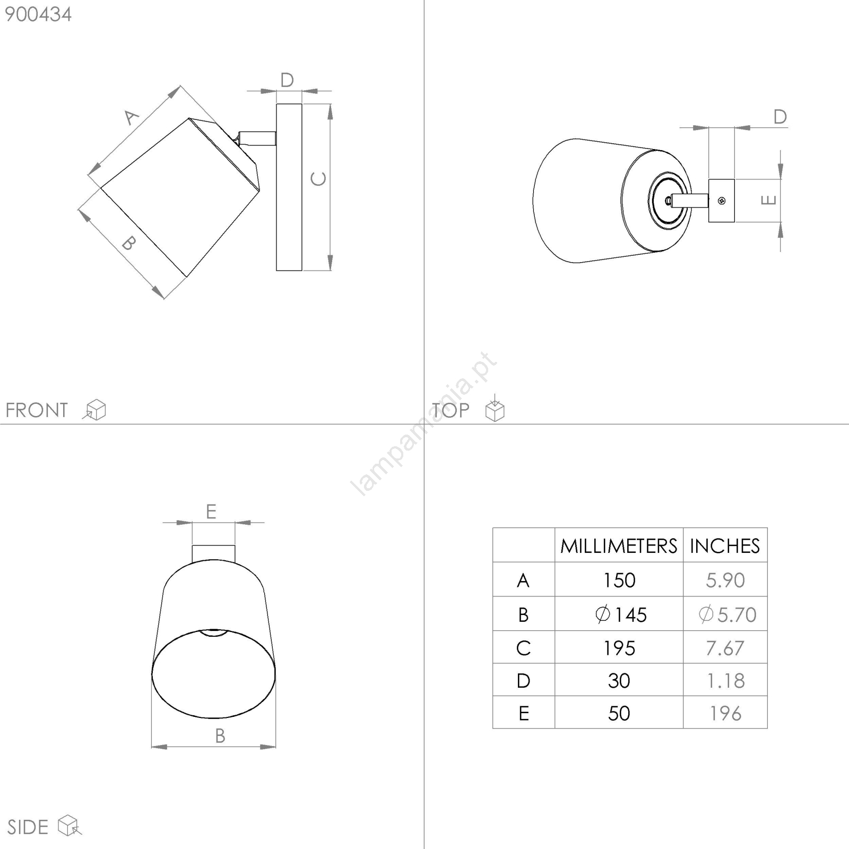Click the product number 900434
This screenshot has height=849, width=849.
[38, 14]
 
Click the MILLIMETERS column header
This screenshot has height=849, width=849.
[619, 546]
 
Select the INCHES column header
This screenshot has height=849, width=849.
[725, 546]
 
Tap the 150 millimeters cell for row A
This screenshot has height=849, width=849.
[619, 580]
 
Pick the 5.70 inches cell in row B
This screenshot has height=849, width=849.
[727, 614]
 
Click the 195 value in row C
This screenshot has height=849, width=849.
[619, 648]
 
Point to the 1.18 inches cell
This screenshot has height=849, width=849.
[725, 681]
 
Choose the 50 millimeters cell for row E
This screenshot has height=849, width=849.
[619, 713]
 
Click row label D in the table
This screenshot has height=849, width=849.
[523, 681]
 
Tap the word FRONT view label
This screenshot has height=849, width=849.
[37, 410]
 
